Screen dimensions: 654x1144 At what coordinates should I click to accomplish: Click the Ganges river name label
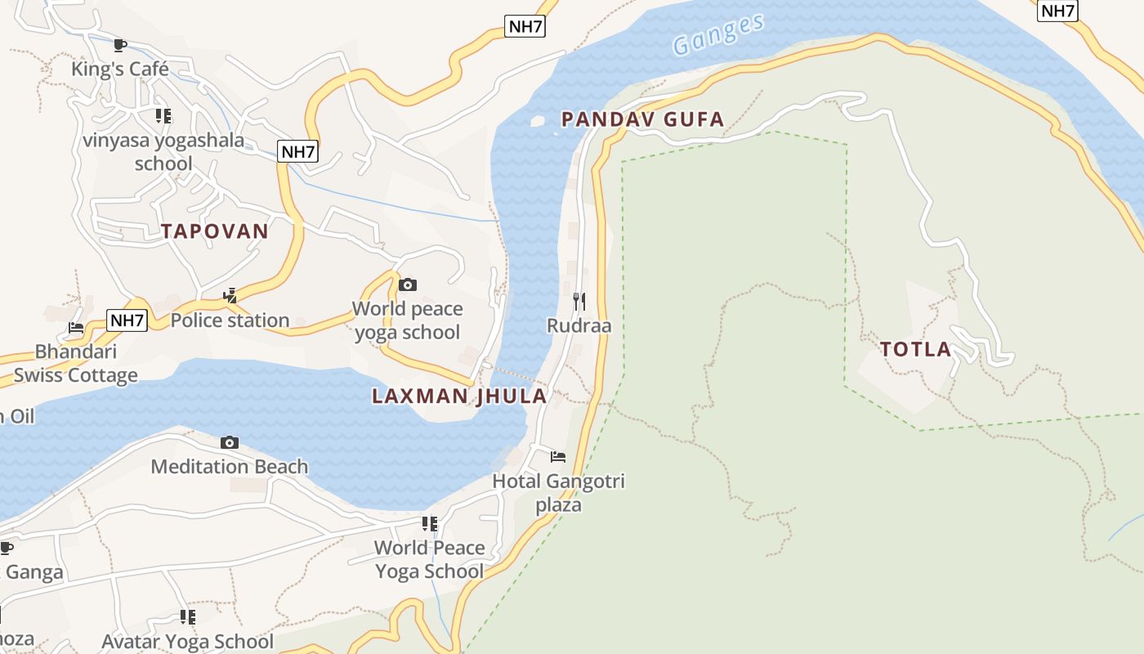click(x=719, y=34)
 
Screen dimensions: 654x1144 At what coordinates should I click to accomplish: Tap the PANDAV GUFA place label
click(x=642, y=119)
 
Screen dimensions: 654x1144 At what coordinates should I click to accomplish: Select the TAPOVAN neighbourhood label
click(x=215, y=231)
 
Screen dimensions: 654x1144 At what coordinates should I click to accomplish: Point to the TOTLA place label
click(x=916, y=350)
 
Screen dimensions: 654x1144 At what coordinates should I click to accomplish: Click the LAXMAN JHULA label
click(x=459, y=396)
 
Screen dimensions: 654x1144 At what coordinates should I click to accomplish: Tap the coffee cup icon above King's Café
click(x=120, y=45)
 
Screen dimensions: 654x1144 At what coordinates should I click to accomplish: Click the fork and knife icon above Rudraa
click(x=579, y=302)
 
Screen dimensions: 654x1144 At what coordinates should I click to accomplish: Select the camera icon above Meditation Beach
click(x=230, y=442)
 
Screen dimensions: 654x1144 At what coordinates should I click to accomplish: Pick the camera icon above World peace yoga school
click(x=407, y=284)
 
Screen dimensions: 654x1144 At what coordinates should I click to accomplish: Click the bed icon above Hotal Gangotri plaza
click(x=558, y=456)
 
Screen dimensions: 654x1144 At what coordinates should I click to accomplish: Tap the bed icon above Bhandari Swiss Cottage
click(x=76, y=328)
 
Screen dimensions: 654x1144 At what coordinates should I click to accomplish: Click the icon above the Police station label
click(x=230, y=295)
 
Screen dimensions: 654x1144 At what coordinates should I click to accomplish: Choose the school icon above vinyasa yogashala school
click(x=163, y=116)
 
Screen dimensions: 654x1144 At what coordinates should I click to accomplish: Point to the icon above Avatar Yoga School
click(x=188, y=617)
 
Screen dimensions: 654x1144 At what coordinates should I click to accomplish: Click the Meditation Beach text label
click(x=230, y=467)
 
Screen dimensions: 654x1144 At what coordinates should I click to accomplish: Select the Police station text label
click(x=230, y=320)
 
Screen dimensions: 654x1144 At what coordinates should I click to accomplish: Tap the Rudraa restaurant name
click(x=579, y=326)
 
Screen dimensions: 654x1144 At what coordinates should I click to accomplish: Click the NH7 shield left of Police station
click(x=127, y=320)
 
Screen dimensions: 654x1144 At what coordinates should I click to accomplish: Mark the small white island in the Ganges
click(x=537, y=122)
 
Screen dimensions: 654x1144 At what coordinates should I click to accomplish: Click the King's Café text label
click(x=120, y=69)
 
